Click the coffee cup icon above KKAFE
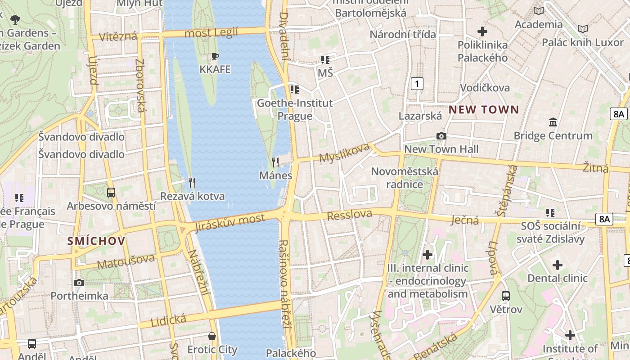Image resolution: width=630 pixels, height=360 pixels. (x=215, y=56)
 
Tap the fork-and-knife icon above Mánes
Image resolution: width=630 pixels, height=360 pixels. (x=275, y=162)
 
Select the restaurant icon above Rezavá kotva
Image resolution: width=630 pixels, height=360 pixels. (x=192, y=182)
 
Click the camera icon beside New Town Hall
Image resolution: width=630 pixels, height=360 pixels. (x=441, y=136)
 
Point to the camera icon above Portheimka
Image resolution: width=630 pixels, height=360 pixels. (x=79, y=283)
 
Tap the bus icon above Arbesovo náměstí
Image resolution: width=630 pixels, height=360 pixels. (x=111, y=193)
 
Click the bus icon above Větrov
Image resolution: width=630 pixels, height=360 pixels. (x=506, y=296)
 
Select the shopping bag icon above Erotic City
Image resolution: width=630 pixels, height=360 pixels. (x=212, y=336)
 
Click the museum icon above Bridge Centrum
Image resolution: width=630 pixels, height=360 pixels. (x=553, y=122)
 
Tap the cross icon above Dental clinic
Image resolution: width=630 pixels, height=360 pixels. (x=558, y=265)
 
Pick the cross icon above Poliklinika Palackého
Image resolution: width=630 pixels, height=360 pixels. (x=482, y=31)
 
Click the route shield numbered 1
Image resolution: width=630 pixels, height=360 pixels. (x=418, y=83)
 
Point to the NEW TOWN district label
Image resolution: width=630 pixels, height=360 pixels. (x=484, y=109)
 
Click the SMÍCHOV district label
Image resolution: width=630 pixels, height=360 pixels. (x=96, y=241)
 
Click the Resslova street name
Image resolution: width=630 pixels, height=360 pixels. (x=350, y=215)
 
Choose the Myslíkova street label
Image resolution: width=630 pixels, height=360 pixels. (x=344, y=153)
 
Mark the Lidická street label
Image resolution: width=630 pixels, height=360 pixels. (x=168, y=320)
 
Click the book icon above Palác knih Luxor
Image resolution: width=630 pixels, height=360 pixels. (x=583, y=29)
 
